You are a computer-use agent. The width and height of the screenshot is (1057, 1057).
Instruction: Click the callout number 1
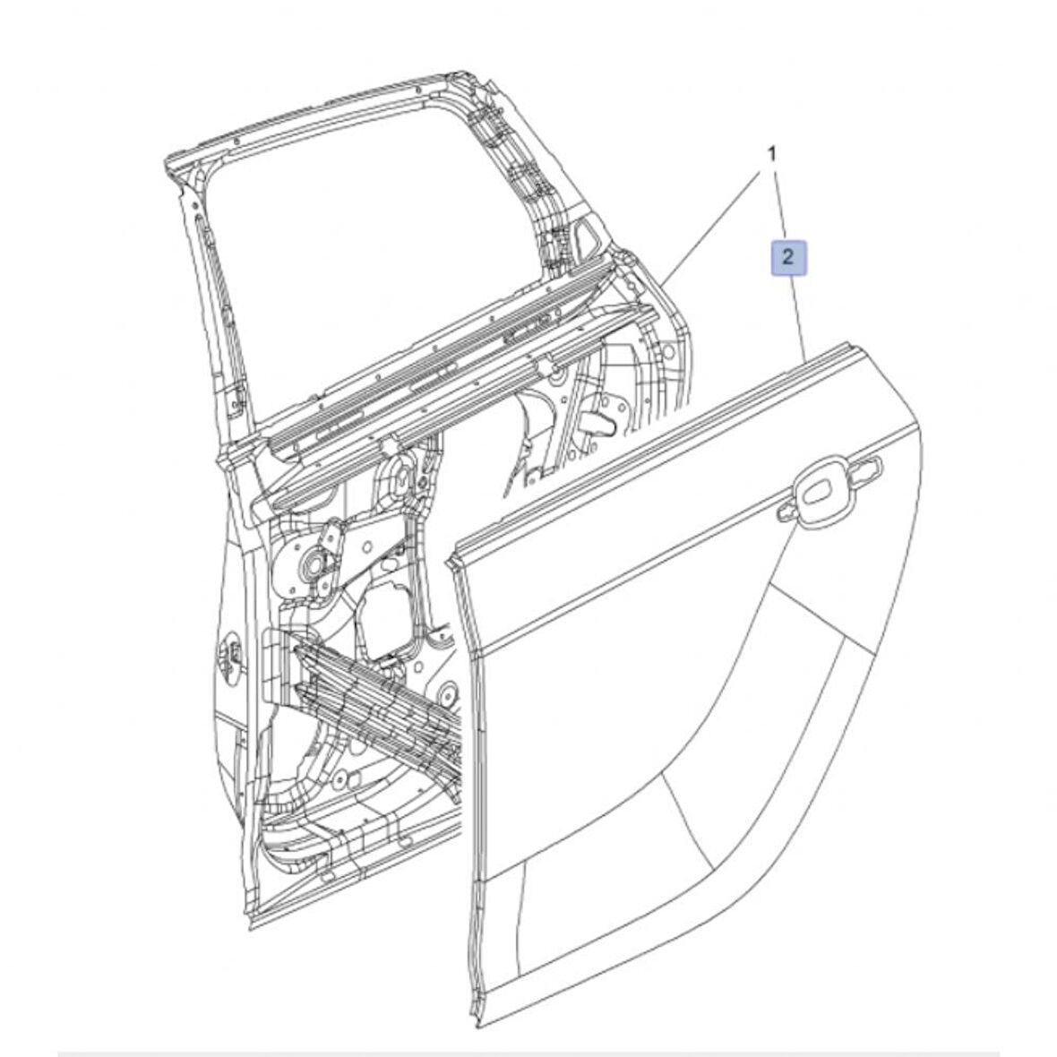[x=771, y=154]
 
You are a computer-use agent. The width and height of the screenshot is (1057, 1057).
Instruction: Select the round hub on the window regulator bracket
[x=315, y=564]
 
